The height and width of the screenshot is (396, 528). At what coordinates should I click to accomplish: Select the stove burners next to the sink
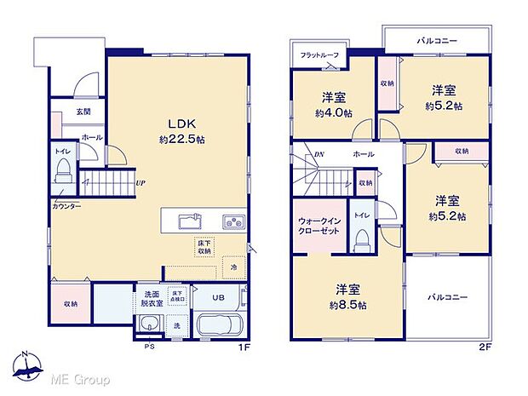(233, 222)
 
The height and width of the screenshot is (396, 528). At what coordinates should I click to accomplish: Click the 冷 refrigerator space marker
(233, 266)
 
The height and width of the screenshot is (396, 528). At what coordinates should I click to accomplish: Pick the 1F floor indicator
(244, 348)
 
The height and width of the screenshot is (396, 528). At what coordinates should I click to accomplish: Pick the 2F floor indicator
(485, 348)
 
